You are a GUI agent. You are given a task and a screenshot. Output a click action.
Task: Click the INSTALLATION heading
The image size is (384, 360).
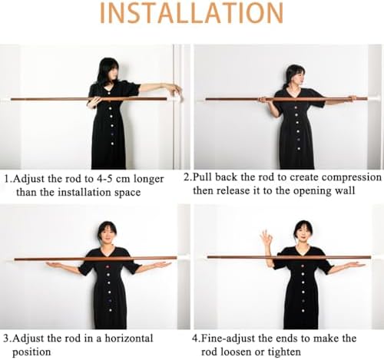191,13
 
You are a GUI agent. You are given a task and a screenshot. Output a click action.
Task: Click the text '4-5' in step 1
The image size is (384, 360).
105,179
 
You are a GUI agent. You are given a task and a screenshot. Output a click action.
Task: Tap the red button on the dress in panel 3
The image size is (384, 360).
108,268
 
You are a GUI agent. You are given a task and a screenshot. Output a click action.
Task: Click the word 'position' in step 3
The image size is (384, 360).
31,352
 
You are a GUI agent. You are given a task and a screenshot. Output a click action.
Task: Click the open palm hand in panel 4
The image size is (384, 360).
351,265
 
